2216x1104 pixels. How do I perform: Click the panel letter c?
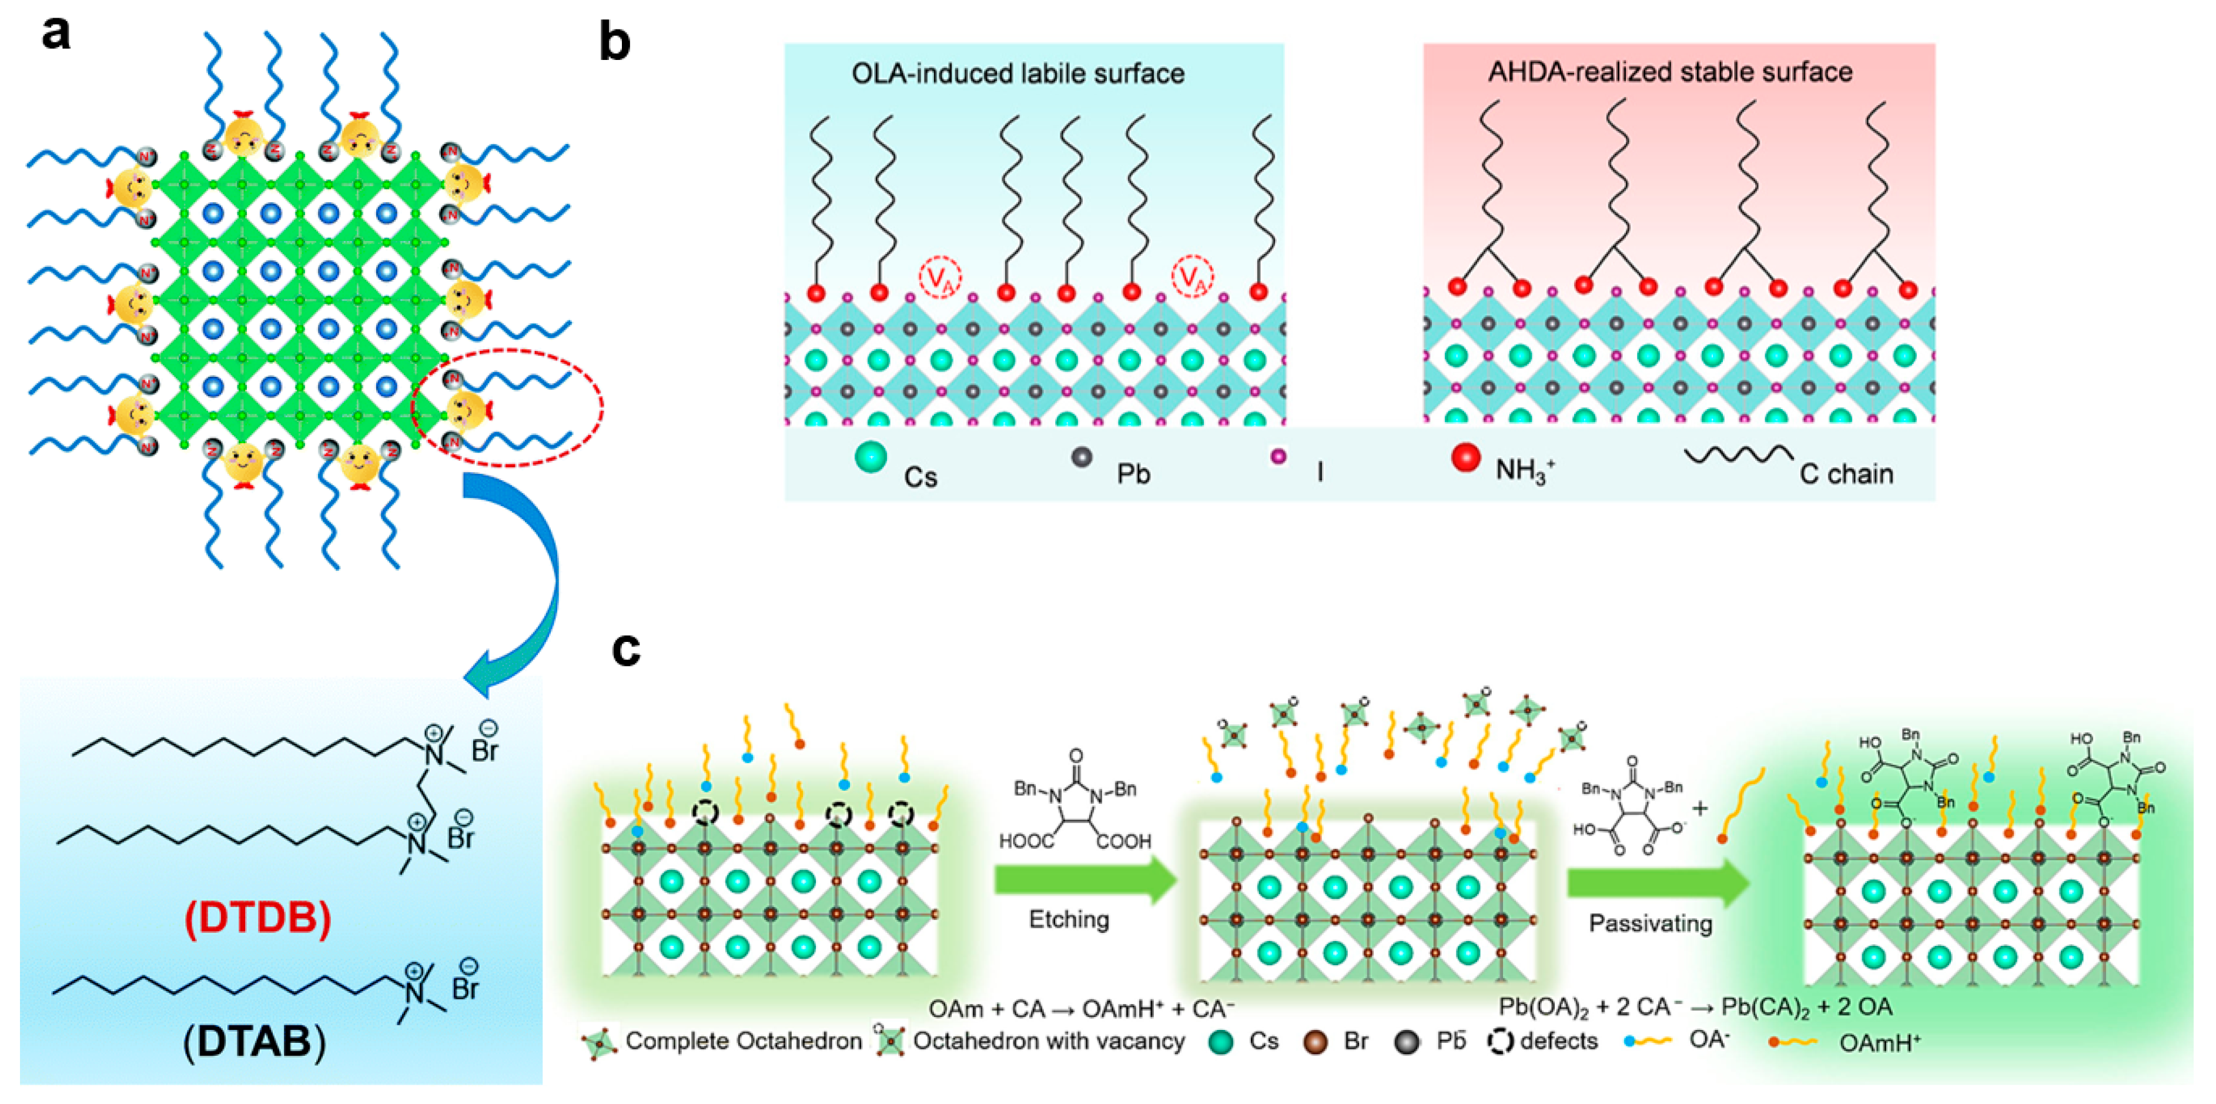pos(625,649)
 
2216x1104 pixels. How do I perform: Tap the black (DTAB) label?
pos(255,1042)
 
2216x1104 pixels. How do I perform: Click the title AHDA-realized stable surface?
pos(1670,71)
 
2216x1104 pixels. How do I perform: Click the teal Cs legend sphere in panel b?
pos(871,457)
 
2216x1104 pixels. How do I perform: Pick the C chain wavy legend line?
pos(1738,454)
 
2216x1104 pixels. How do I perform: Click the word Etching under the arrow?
pos(1069,919)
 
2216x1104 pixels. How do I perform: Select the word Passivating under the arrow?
pos(1649,924)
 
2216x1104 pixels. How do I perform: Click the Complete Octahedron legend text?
pos(743,1041)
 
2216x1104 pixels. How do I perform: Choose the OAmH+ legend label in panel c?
pos(1880,1043)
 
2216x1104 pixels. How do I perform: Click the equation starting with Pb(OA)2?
pos(1695,1007)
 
